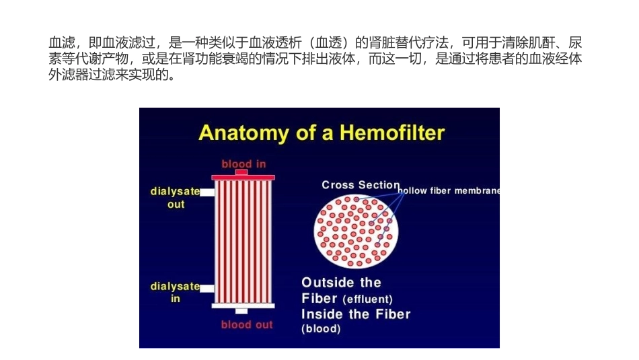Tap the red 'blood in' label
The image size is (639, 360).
click(243, 164)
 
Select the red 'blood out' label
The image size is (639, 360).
click(247, 325)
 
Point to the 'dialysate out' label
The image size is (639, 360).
click(175, 197)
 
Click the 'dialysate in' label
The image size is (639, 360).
click(175, 292)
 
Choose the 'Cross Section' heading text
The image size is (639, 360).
click(361, 185)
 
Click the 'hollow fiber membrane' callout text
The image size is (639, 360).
click(449, 191)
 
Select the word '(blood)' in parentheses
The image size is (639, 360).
click(321, 329)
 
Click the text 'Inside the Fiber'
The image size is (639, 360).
click(356, 314)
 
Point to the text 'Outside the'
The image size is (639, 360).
click(341, 283)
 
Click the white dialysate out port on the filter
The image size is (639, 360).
click(207, 192)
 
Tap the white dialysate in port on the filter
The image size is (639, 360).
click(207, 288)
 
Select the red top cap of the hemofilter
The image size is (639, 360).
click(243, 177)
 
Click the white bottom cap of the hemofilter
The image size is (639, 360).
click(243, 306)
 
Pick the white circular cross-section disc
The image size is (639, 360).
click(356, 231)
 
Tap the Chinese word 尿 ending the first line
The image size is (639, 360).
click(575, 42)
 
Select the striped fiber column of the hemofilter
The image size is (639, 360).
click(243, 241)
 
